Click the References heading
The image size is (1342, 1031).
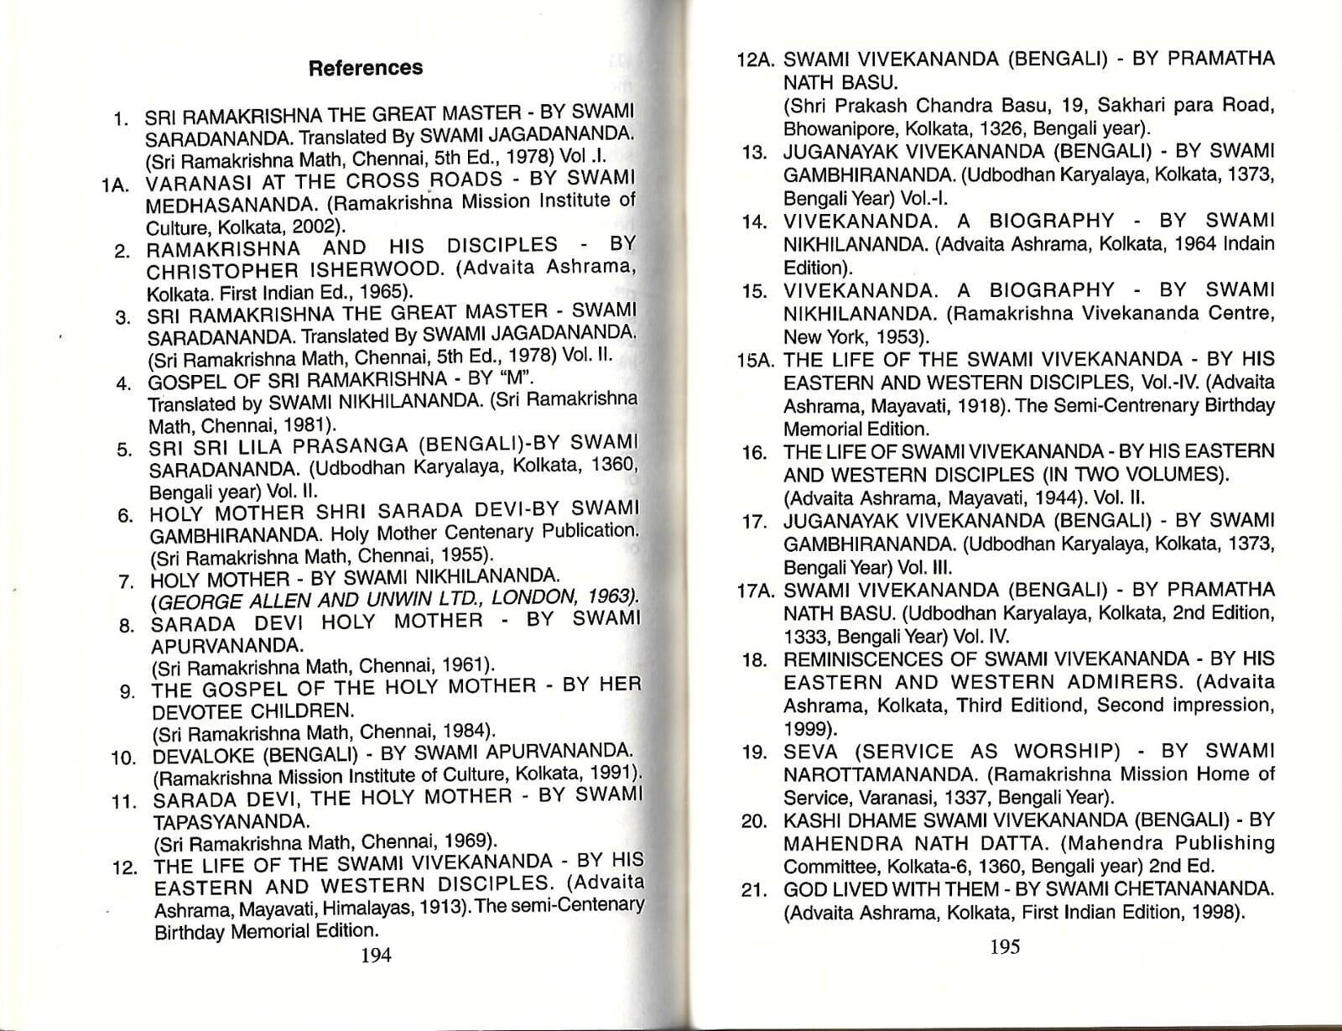point(366,68)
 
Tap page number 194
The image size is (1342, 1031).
point(376,955)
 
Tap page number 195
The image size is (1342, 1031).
point(1004,947)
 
